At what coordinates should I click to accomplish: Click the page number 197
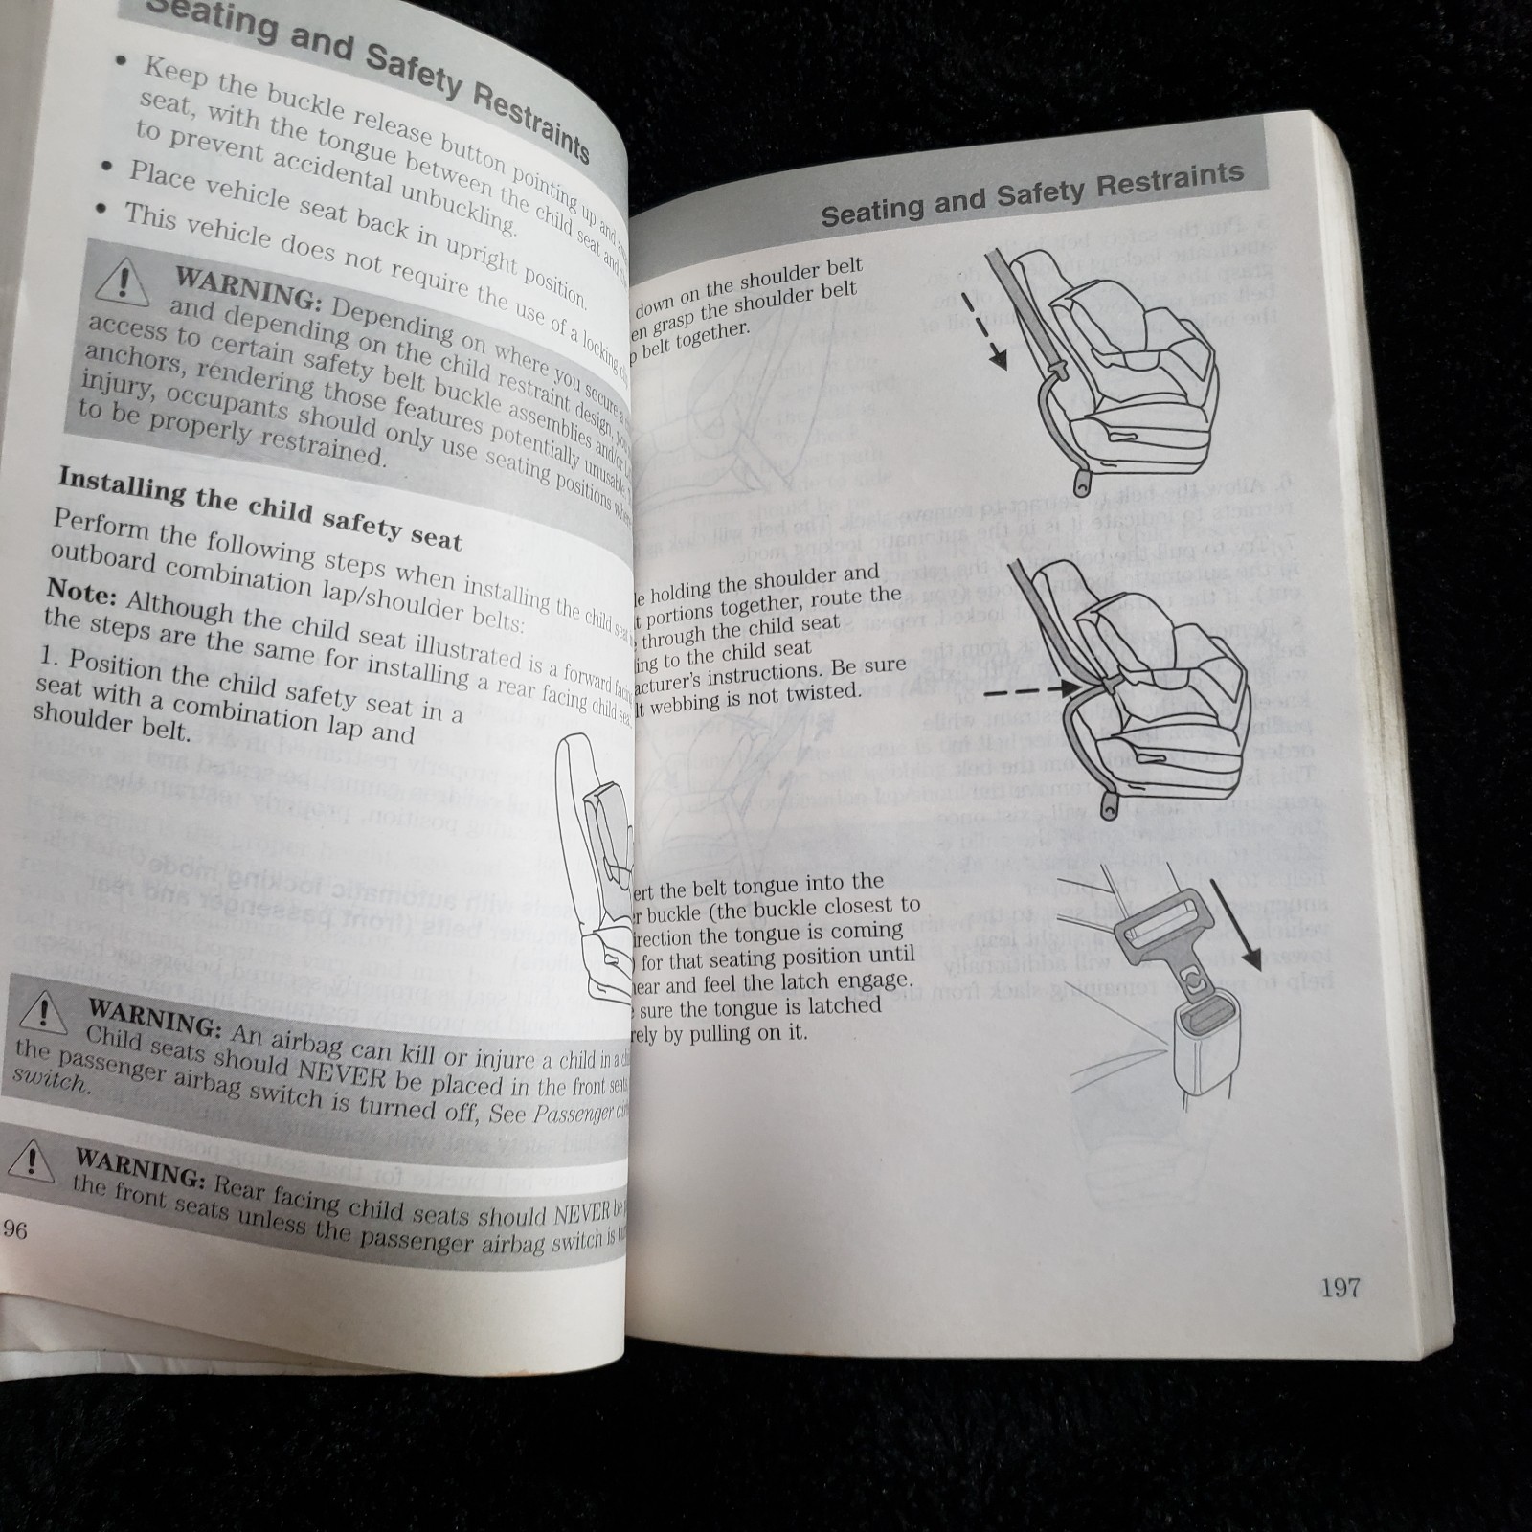point(1340,1288)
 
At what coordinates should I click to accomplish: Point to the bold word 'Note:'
point(80,595)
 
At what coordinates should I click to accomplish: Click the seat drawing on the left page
point(598,862)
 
